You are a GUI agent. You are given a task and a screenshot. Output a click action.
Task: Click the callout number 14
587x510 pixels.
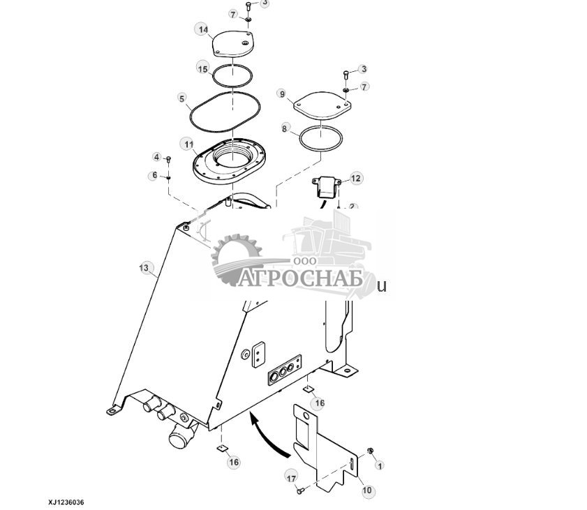(203, 29)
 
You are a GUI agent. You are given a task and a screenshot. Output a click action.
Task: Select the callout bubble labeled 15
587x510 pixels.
(203, 68)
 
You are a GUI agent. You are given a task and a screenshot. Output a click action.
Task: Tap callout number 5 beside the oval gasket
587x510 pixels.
(182, 98)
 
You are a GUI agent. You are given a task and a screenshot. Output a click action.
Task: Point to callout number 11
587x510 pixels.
(188, 144)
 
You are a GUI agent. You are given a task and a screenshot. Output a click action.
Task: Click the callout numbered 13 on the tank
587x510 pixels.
(144, 268)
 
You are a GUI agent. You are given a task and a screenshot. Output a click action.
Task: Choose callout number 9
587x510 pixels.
(282, 93)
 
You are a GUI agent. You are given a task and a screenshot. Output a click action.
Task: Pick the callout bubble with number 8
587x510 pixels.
(285, 128)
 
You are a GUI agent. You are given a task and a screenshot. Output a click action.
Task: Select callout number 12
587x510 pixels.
(356, 179)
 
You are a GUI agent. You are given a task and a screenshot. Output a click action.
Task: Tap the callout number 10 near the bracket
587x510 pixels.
(368, 490)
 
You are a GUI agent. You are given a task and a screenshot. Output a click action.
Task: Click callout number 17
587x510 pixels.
(291, 477)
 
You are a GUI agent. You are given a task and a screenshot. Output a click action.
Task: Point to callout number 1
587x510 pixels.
(380, 465)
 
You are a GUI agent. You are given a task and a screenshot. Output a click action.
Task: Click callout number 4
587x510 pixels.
(157, 157)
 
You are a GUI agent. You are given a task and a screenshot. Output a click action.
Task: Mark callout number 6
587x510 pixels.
(155, 175)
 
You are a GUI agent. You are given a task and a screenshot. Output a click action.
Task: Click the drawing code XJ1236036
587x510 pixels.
(70, 502)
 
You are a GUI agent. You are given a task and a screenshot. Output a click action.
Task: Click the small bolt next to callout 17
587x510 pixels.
(301, 492)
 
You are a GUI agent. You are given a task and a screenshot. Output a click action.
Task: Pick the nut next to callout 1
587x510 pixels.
(369, 451)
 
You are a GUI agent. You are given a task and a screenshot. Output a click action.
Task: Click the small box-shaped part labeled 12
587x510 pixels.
(326, 188)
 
